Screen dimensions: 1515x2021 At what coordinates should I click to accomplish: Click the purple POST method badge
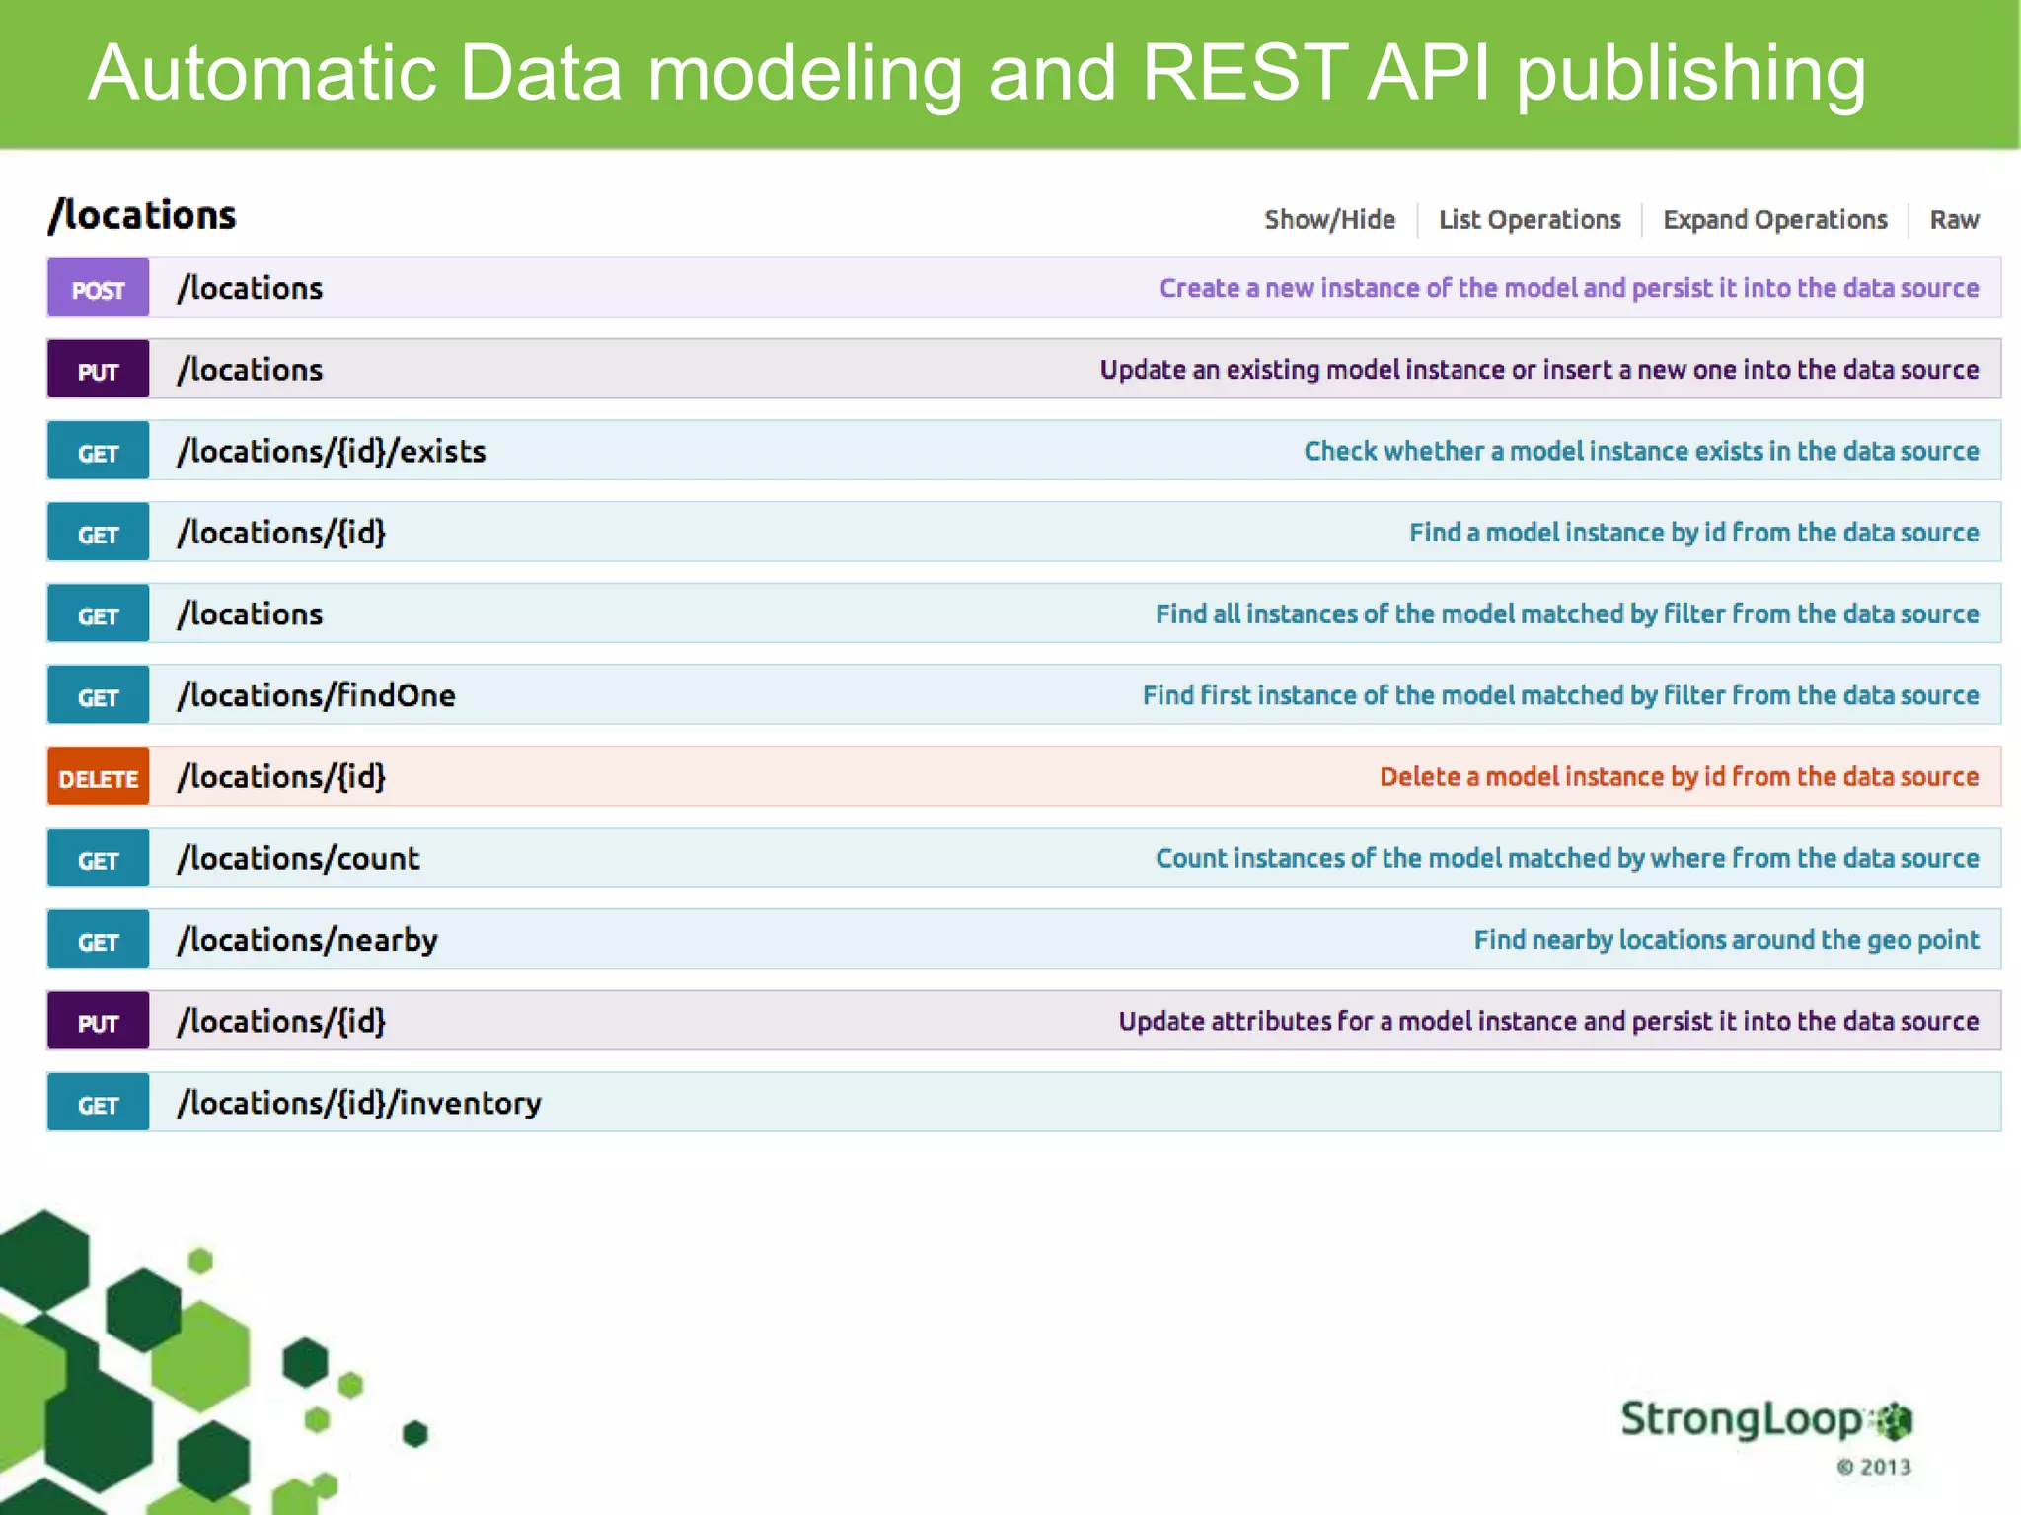(x=98, y=288)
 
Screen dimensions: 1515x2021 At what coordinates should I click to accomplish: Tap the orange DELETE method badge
(x=98, y=777)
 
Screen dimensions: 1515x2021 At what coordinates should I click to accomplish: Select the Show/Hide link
(x=1329, y=219)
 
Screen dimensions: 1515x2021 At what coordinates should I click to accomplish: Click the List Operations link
(x=1529, y=219)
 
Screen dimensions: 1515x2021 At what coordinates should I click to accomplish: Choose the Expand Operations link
(x=1774, y=219)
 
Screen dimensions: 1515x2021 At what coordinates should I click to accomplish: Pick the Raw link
(x=1953, y=219)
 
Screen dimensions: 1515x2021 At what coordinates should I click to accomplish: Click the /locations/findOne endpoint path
(x=316, y=695)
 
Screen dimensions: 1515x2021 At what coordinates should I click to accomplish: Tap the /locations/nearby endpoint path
(x=307, y=940)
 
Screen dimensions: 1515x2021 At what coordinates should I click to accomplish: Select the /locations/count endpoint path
(x=298, y=859)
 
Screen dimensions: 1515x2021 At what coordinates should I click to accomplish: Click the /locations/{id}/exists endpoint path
(x=332, y=452)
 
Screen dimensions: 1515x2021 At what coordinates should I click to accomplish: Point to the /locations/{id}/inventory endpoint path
(x=359, y=1103)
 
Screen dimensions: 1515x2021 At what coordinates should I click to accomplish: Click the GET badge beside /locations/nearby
(x=98, y=940)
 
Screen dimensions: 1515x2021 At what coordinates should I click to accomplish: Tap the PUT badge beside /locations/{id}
(x=98, y=1022)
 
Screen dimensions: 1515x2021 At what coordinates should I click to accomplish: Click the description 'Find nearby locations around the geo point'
(x=1725, y=940)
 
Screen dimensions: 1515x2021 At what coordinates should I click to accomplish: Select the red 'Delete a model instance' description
(x=1678, y=777)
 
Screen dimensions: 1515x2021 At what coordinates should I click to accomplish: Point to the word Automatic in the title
(x=262, y=73)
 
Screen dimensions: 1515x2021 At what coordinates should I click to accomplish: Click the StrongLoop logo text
(x=1742, y=1419)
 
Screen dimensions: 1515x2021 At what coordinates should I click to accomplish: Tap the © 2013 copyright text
(x=1873, y=1467)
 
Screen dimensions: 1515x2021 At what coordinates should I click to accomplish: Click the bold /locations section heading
(x=143, y=215)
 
